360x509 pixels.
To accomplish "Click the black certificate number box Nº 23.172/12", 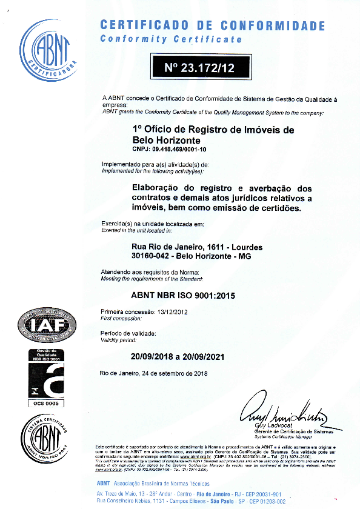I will (x=199, y=67).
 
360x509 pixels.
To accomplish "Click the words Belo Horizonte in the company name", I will (x=165, y=140).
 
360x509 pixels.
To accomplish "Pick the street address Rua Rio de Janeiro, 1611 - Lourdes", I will (x=197, y=247).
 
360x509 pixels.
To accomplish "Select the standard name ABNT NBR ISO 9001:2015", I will (x=183, y=296).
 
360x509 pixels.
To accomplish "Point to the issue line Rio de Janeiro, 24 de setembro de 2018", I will (x=154, y=373).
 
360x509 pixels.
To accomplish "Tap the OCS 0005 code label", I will (x=46, y=402).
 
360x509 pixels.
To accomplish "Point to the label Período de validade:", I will (x=128, y=334).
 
